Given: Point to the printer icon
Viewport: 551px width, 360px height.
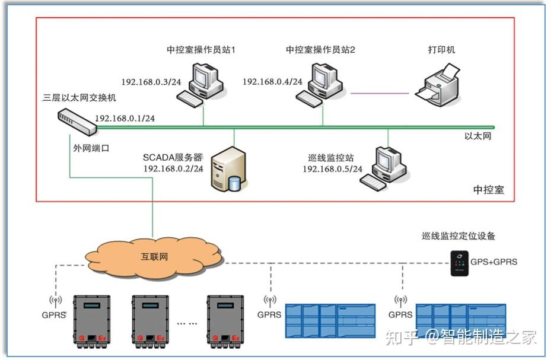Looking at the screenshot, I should pyautogui.click(x=437, y=86).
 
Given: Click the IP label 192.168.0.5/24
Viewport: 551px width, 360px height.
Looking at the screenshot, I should pyautogui.click(x=332, y=169).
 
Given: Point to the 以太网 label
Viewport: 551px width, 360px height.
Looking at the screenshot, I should pyautogui.click(x=478, y=136).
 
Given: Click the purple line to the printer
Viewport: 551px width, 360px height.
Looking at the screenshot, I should pyautogui.click(x=380, y=93).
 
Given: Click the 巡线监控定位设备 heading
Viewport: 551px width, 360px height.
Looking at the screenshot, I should pyautogui.click(x=454, y=235).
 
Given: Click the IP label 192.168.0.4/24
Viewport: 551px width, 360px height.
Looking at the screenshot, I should pyautogui.click(x=272, y=82).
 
